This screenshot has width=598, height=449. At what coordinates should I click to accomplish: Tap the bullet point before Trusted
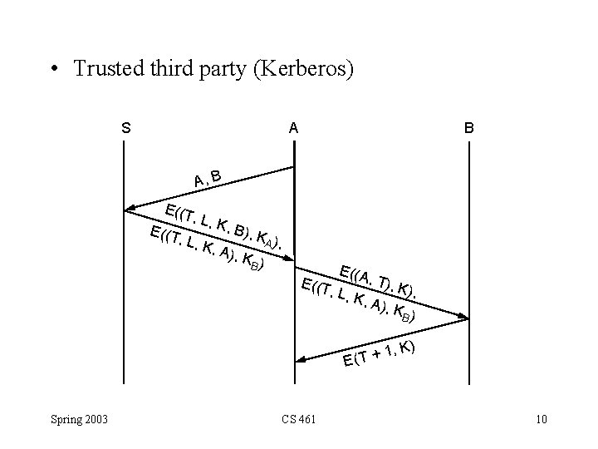click(53, 70)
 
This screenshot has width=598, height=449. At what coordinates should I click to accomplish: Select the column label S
click(125, 129)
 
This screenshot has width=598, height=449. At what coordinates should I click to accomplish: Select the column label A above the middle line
click(292, 129)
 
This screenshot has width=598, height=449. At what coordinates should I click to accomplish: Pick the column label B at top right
click(469, 129)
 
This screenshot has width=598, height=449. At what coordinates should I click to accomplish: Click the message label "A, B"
click(207, 178)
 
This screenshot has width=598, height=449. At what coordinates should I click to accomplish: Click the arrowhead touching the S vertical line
click(131, 210)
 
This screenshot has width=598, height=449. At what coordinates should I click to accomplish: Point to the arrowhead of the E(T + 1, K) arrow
click(302, 360)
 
